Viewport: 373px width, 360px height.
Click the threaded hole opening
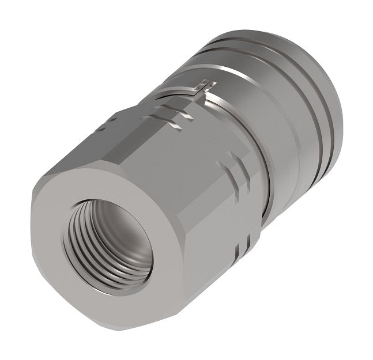click(110, 242)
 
